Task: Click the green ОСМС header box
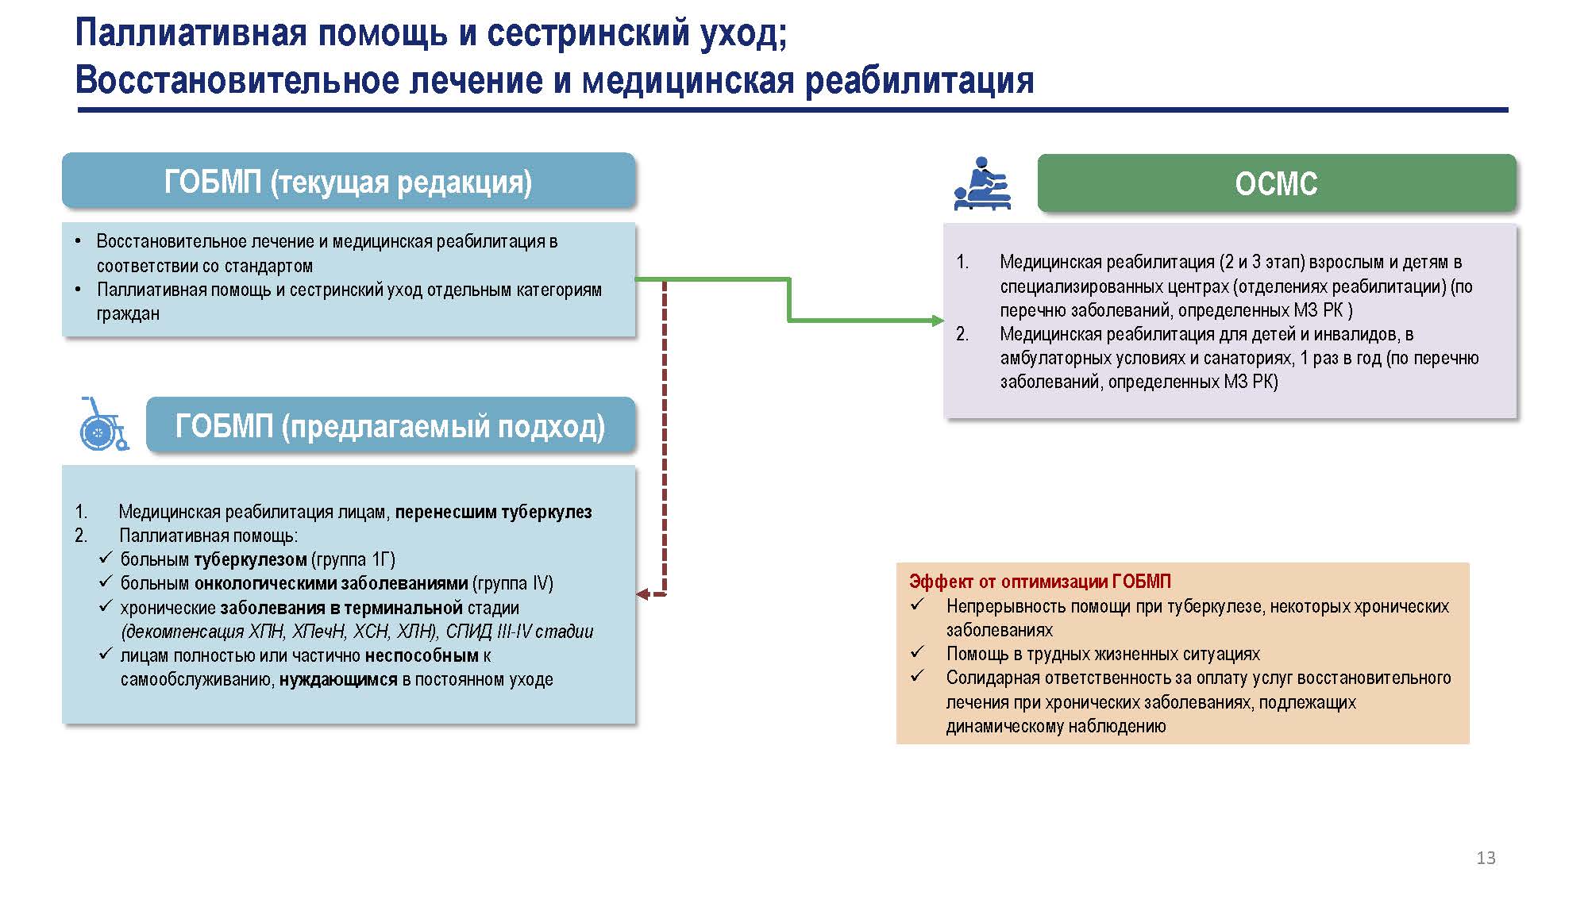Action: coord(1277,183)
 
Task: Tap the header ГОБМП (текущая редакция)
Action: coord(349,182)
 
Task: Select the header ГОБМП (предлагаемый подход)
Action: coord(391,426)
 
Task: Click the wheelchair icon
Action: coord(103,425)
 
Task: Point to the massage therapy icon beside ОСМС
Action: coord(982,183)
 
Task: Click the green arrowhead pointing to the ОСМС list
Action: coord(938,321)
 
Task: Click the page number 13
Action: coord(1486,858)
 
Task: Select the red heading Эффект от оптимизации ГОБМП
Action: coord(1040,582)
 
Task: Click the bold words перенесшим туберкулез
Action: coord(493,512)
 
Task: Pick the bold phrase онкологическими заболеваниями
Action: coord(331,583)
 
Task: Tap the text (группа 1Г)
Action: coord(353,559)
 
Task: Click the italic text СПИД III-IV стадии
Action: coord(519,632)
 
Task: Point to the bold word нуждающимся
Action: coord(338,679)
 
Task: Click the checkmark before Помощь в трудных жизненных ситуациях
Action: coord(918,653)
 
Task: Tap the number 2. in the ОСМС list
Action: coord(962,334)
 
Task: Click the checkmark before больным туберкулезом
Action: coord(106,559)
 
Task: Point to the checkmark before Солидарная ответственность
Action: coord(918,677)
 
